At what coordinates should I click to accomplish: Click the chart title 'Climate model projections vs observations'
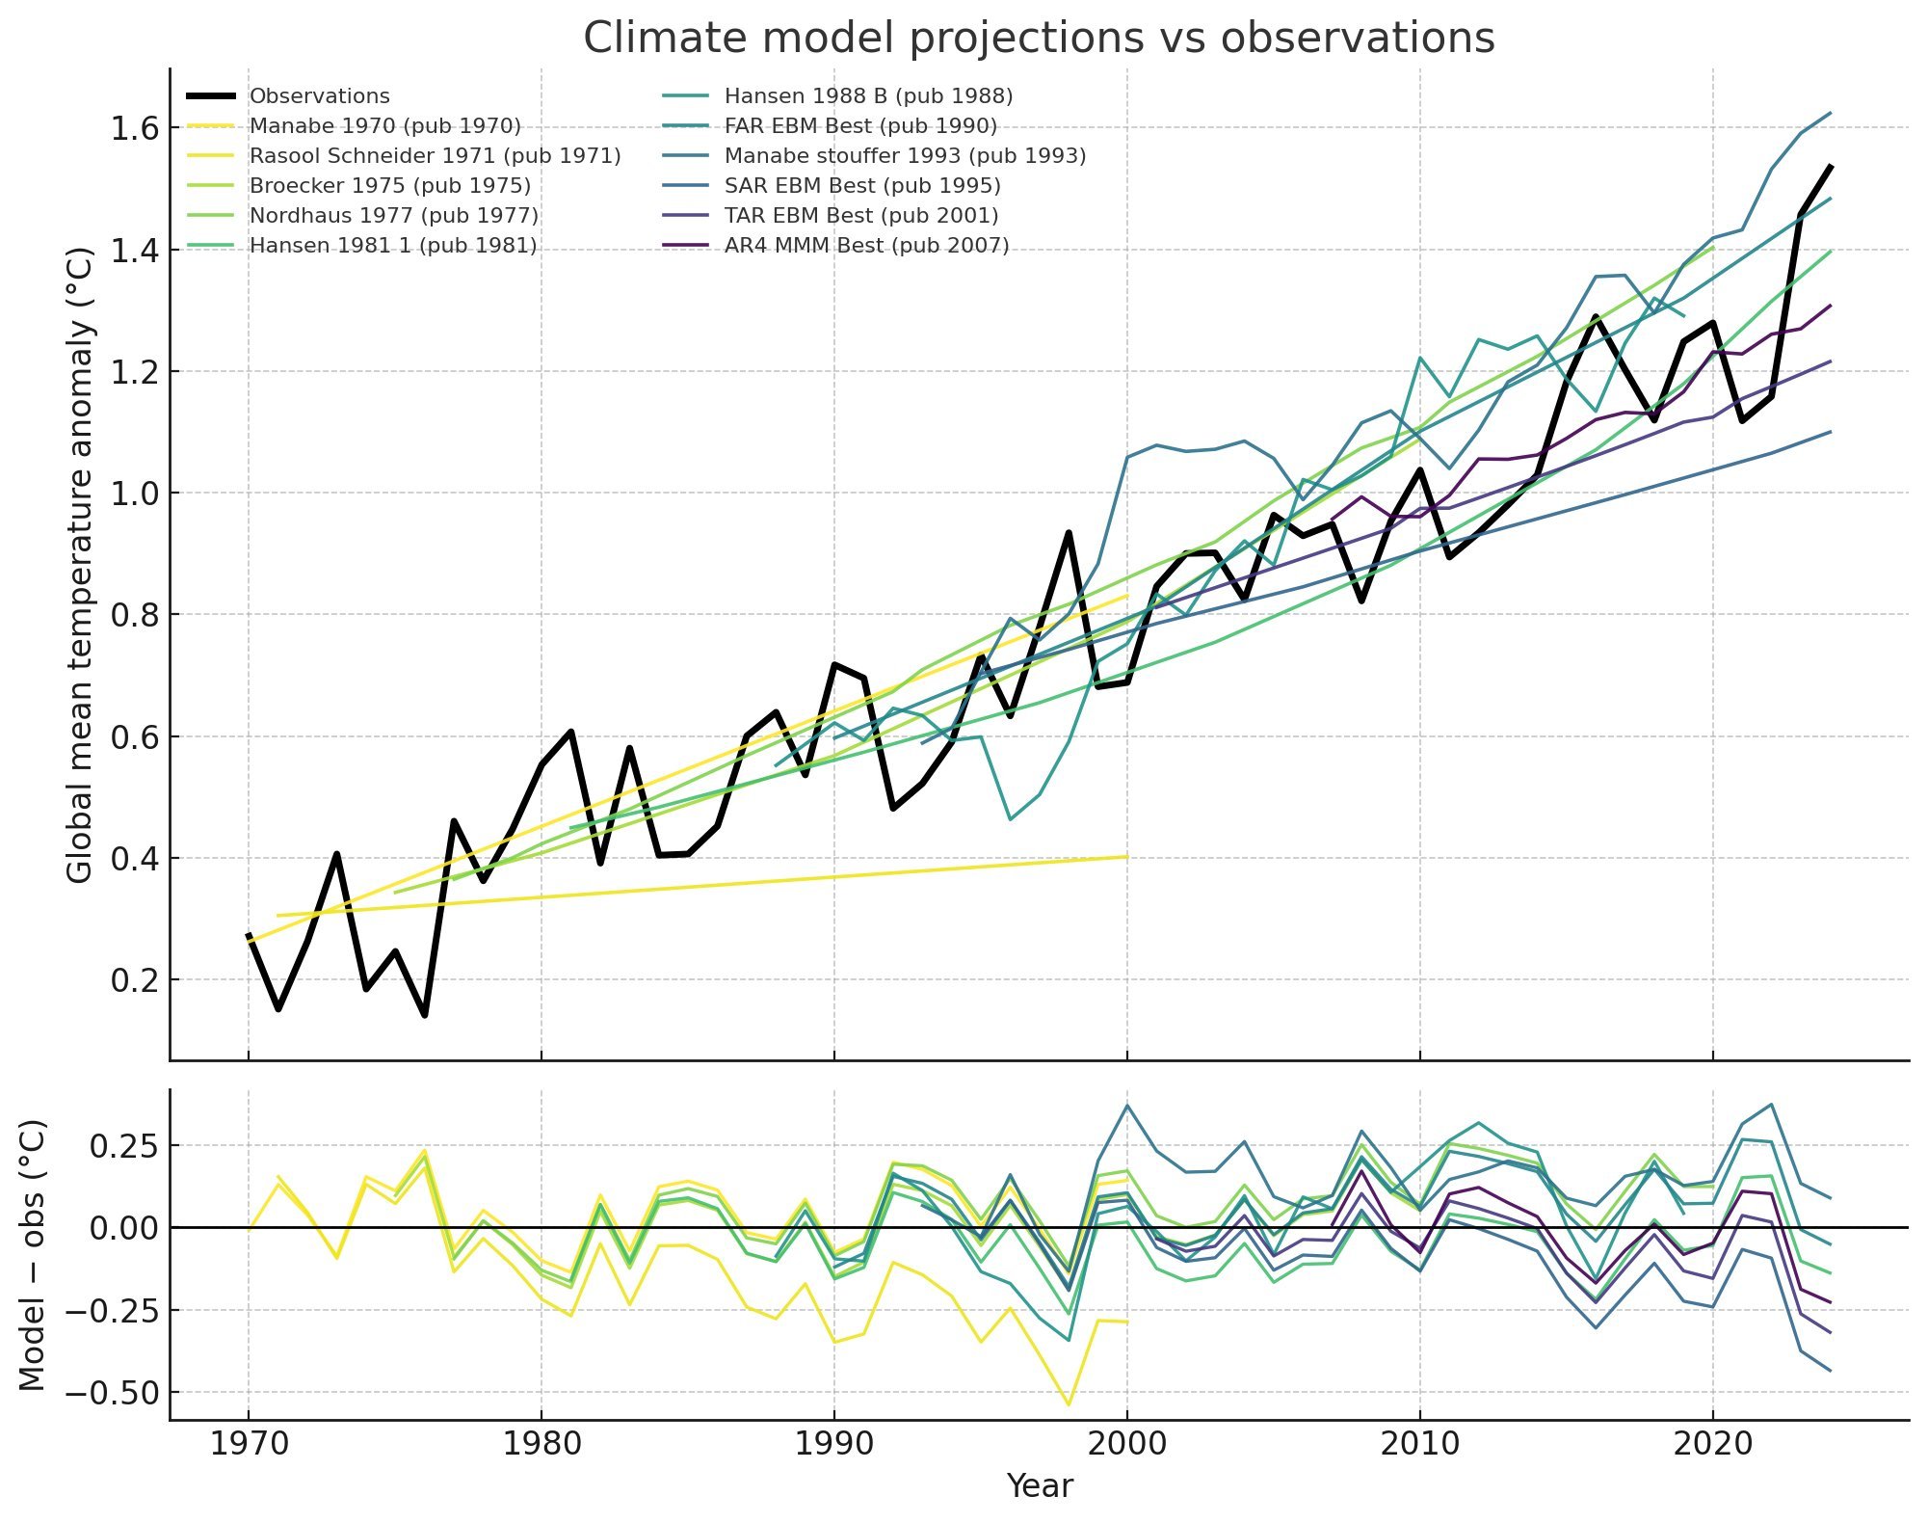click(1039, 39)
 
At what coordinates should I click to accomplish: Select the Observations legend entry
click(319, 96)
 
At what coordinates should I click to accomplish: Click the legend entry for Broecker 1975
click(389, 186)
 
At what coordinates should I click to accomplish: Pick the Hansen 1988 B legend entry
click(868, 96)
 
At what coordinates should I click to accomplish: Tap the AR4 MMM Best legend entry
click(866, 246)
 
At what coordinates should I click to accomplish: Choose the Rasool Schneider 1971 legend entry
click(435, 156)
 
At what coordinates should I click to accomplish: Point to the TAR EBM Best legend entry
click(860, 216)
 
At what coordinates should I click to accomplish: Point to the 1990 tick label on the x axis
click(833, 1444)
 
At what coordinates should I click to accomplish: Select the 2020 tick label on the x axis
click(1712, 1444)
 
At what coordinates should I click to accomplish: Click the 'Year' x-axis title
click(1039, 1486)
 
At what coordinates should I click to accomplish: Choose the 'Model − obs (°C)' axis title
click(34, 1255)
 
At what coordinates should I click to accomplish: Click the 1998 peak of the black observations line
click(1069, 532)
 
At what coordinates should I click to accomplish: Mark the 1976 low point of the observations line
click(425, 1015)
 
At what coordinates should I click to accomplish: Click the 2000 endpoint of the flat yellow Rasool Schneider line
click(1126, 856)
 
